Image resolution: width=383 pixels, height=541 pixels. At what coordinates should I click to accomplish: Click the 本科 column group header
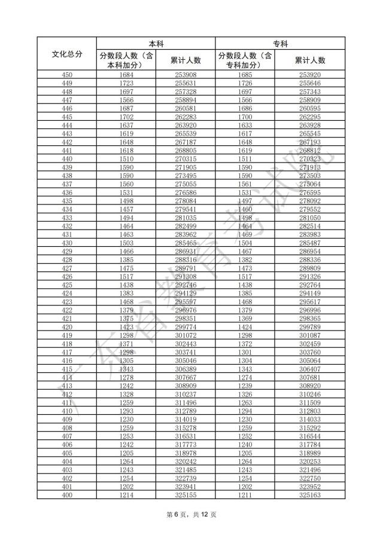(156, 44)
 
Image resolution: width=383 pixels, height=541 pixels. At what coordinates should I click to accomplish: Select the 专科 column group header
(280, 44)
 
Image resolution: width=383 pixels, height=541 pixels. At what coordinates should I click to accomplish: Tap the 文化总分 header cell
(68, 54)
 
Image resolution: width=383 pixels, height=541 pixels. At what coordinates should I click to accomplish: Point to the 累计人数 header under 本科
(186, 60)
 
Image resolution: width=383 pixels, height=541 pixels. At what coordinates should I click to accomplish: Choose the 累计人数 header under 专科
(310, 60)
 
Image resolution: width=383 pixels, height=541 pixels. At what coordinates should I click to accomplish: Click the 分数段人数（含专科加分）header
(245, 60)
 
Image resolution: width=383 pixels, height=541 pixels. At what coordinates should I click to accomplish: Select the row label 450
(68, 75)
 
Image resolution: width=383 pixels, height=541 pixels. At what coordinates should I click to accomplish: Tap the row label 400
(68, 496)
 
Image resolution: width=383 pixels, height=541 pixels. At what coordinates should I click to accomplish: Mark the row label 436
(68, 193)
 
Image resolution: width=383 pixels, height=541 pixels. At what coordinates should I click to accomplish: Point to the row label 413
(68, 386)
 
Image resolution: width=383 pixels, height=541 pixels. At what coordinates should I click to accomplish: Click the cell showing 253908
(186, 75)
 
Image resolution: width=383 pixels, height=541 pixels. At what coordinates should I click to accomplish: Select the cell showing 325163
(310, 496)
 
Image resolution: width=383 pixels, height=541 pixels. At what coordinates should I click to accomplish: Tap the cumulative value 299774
(186, 328)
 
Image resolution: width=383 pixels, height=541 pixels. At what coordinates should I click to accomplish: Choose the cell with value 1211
(245, 496)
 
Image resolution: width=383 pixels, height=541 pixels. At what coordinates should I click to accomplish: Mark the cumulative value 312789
(186, 411)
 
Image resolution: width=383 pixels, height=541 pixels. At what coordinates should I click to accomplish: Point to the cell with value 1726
(245, 83)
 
